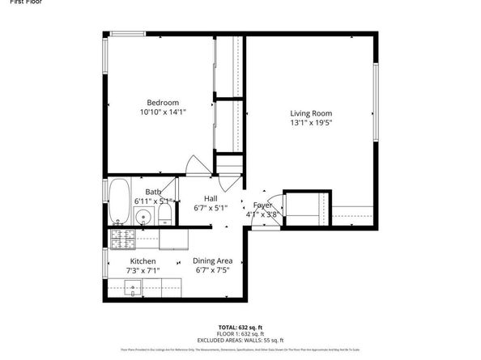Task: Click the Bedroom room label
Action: tap(163, 102)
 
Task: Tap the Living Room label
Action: tap(312, 113)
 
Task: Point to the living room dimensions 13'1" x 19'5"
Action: tap(312, 124)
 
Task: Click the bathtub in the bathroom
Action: tap(120, 201)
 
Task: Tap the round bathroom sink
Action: tap(144, 216)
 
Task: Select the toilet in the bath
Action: tap(164, 213)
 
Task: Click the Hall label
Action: tap(211, 198)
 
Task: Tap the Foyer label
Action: tap(262, 205)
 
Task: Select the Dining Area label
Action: tap(213, 260)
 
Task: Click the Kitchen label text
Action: tap(143, 261)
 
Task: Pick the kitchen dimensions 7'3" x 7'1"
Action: tap(143, 271)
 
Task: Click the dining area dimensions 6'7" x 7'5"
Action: tap(213, 271)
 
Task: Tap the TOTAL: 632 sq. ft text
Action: tap(240, 326)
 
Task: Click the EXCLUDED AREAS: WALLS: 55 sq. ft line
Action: tap(240, 340)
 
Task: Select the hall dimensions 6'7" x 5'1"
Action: tap(211, 208)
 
